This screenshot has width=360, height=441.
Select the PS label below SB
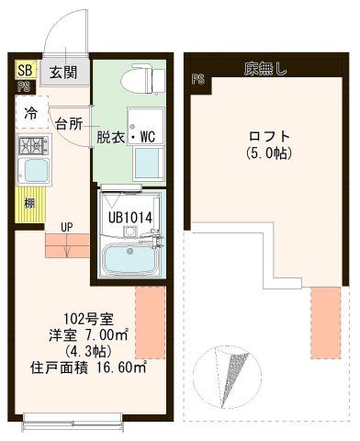[x=23, y=88]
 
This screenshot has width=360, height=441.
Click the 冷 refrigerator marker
[x=31, y=115]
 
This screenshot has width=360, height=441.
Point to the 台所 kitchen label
[x=69, y=123]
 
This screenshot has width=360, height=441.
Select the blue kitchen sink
[x=35, y=171]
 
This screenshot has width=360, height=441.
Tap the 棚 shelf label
[x=30, y=203]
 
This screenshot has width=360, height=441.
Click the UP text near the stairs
[x=68, y=226]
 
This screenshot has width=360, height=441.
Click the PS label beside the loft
[x=197, y=80]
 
